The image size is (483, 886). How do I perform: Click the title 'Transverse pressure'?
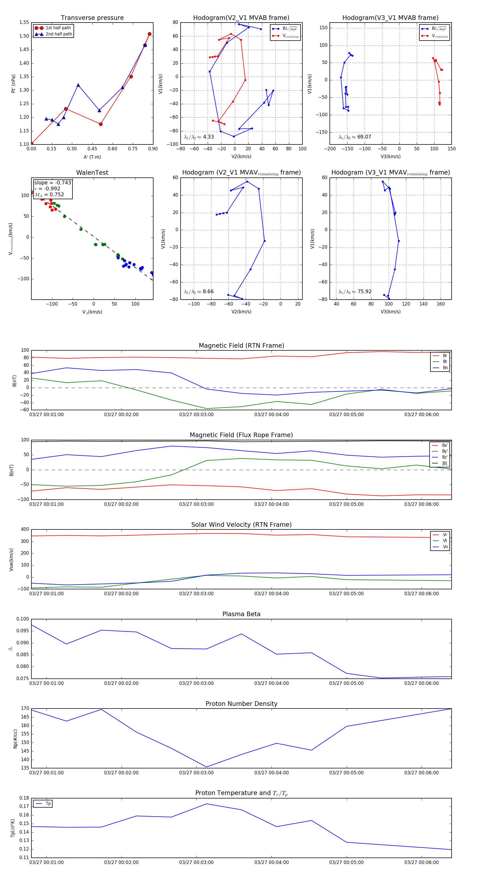click(x=92, y=18)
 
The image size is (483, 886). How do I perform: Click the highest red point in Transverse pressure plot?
click(x=149, y=34)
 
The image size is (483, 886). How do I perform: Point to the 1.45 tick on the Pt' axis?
click(x=24, y=49)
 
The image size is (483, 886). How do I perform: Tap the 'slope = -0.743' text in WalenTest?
click(x=53, y=183)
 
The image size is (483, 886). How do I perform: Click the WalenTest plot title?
click(x=92, y=173)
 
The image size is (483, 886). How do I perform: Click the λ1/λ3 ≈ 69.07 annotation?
click(x=355, y=137)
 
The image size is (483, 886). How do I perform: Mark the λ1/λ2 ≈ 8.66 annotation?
click(x=199, y=292)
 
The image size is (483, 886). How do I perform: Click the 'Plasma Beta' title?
click(x=241, y=614)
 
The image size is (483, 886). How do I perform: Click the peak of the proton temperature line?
click(x=207, y=804)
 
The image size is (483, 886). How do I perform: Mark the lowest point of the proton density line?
click(x=207, y=767)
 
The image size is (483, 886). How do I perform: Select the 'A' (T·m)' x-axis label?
click(x=92, y=157)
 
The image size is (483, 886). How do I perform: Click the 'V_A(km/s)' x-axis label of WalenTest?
click(x=92, y=312)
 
